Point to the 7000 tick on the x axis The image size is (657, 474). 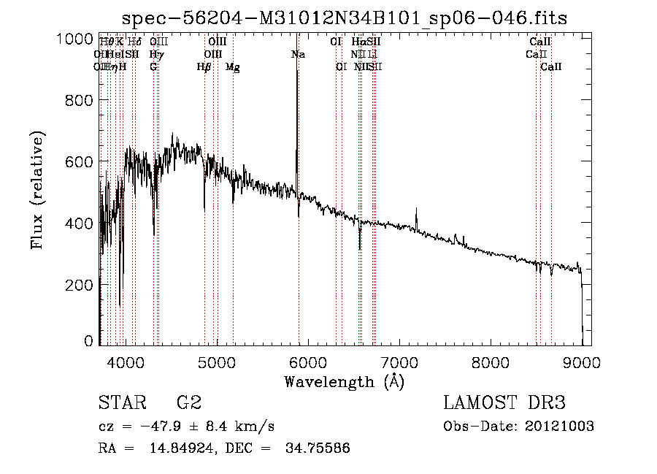[x=399, y=362]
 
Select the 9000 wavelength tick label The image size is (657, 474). [x=581, y=362]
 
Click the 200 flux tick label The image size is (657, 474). [x=79, y=284]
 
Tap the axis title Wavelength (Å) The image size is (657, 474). [x=344, y=381]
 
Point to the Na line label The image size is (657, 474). [x=298, y=54]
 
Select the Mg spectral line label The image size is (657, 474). [x=232, y=66]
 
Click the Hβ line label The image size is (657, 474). [x=204, y=66]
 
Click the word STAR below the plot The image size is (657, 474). [x=122, y=402]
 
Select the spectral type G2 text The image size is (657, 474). [x=188, y=402]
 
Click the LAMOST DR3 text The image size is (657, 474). [x=504, y=402]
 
